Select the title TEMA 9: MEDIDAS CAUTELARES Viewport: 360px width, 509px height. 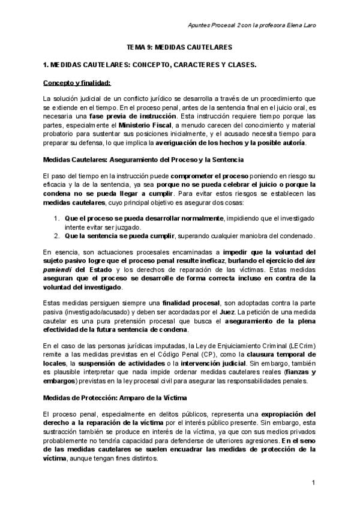[x=179, y=46]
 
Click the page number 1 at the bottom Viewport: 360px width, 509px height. [x=313, y=483]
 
